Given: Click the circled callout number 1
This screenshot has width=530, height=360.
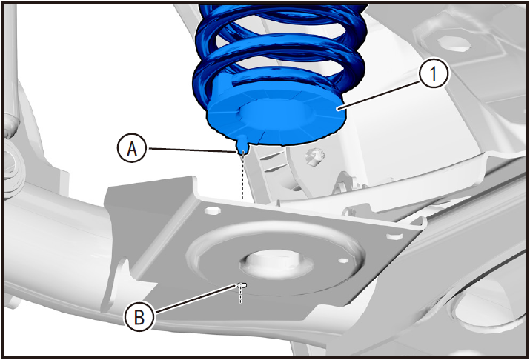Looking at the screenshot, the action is [x=434, y=73].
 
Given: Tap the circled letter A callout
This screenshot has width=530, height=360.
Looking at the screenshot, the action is [x=132, y=148].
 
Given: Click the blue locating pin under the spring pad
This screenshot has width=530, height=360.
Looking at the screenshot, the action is [x=242, y=144].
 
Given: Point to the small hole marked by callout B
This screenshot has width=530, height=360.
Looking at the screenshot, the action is [x=242, y=285].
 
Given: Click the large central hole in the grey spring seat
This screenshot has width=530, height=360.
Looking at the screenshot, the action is [x=276, y=263].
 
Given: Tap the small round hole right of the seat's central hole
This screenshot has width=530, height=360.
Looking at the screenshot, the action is [x=343, y=261].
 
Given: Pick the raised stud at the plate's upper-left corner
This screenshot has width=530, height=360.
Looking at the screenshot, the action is [x=213, y=210].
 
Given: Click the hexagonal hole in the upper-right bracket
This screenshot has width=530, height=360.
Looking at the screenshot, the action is [x=454, y=44].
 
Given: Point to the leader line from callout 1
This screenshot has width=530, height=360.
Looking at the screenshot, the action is [x=380, y=96].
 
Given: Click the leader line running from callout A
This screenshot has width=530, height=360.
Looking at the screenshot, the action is [x=191, y=150].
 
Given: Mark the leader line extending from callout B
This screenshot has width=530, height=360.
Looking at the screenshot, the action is [x=195, y=299].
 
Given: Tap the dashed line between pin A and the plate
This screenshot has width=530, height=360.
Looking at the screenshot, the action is [x=242, y=178].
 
